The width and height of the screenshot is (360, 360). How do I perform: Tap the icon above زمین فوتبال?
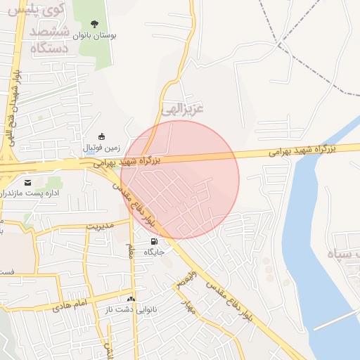coord(102,136)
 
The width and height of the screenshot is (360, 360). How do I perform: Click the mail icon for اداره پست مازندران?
coord(28,182)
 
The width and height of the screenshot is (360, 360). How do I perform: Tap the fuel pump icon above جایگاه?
coord(154,241)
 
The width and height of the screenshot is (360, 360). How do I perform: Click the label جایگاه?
coord(154,251)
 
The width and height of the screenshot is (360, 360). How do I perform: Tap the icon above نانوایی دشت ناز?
coord(131,299)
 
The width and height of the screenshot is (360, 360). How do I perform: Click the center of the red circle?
coord(180,179)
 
